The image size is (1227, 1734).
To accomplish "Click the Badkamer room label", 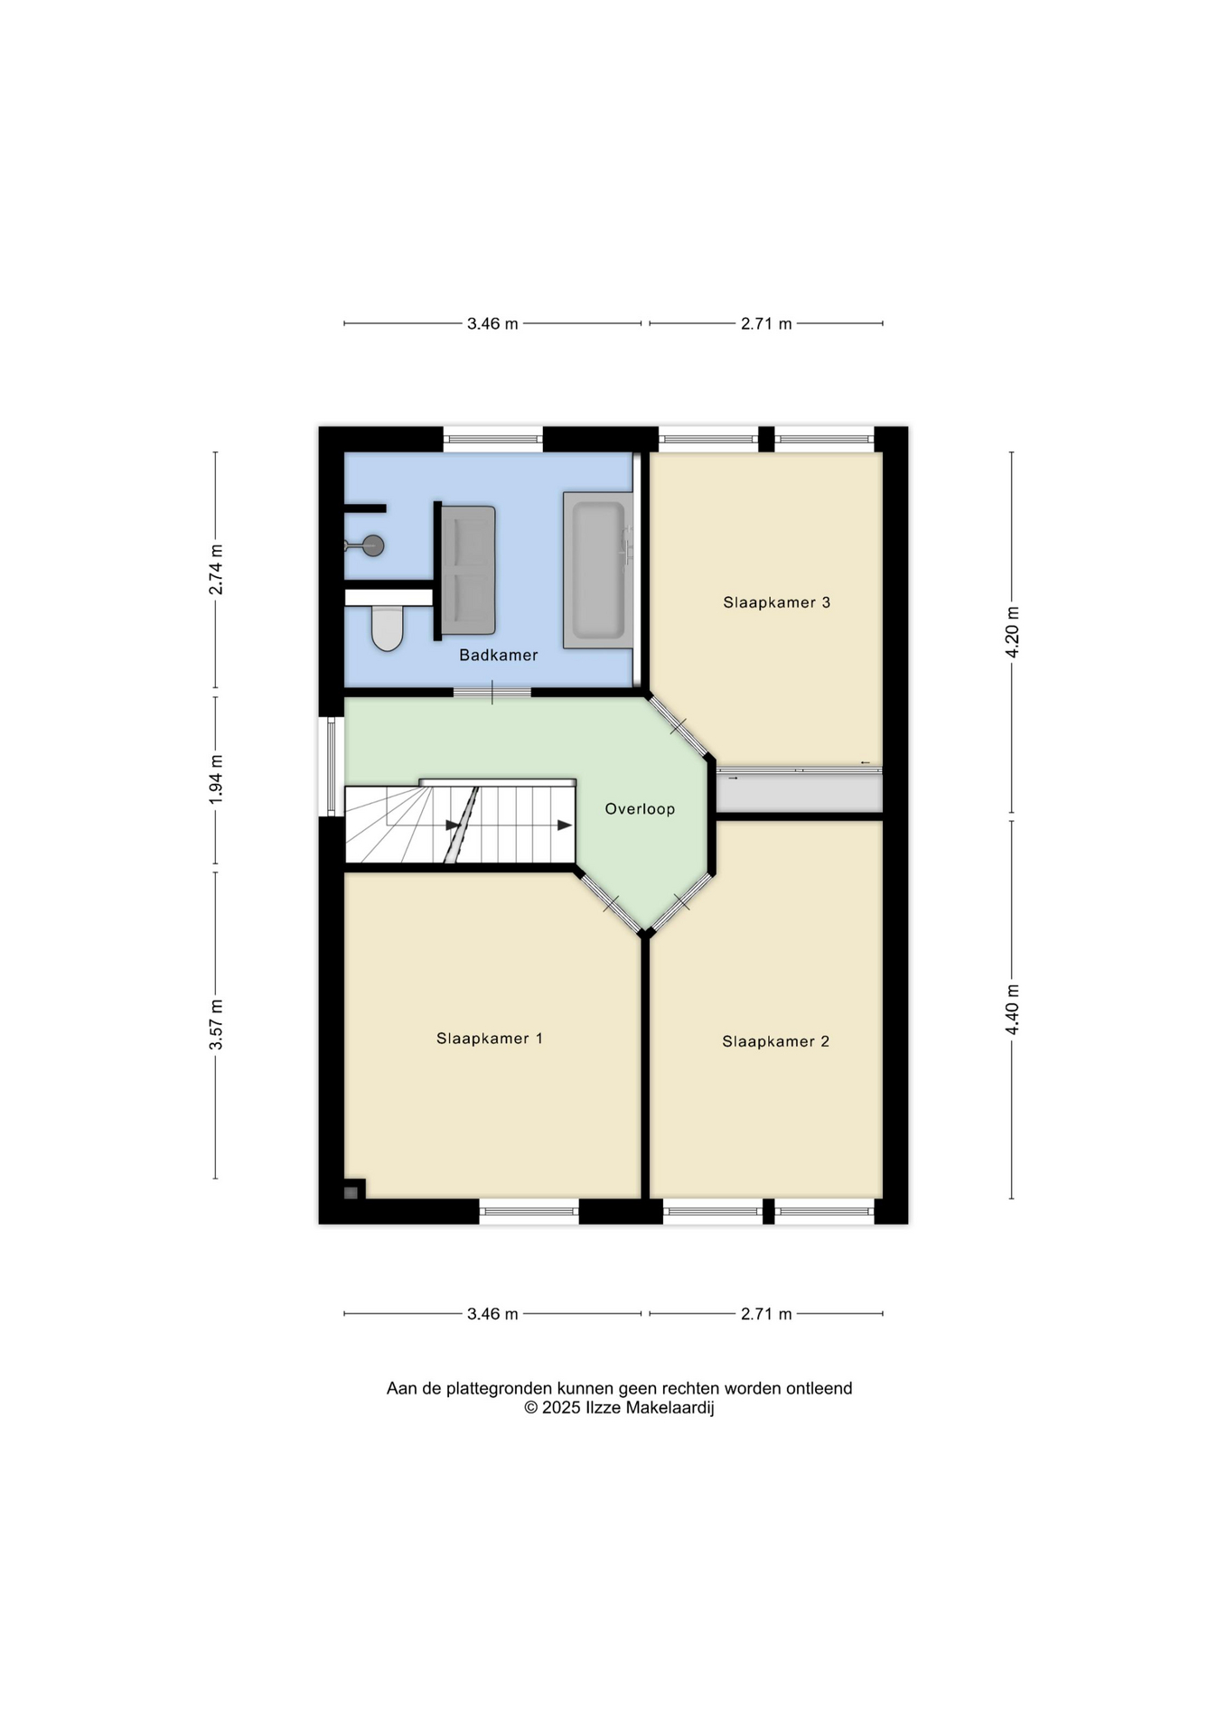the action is click(x=498, y=655).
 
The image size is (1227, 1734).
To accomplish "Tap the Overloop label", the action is click(x=640, y=809).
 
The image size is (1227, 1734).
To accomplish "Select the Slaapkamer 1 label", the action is click(x=490, y=1039).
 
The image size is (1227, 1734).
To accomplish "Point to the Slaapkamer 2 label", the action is click(x=775, y=1041).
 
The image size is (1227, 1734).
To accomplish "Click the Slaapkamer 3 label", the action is click(x=776, y=602).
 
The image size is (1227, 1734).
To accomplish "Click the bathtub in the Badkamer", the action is click(x=597, y=570).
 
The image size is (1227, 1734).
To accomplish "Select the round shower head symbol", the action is click(x=372, y=545).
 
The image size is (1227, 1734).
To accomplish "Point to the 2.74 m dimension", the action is click(x=216, y=570).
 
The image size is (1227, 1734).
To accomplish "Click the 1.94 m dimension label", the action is click(x=216, y=779).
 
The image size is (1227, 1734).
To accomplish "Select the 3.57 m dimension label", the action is click(x=216, y=1025).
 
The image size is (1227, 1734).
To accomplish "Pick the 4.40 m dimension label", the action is click(x=1012, y=1010).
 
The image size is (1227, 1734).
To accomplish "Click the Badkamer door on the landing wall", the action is click(x=492, y=693).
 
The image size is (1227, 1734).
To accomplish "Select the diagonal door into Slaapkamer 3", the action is click(x=679, y=725).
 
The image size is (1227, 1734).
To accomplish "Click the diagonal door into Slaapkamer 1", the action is click(x=611, y=901).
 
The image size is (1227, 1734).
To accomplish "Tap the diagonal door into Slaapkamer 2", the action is click(x=680, y=901).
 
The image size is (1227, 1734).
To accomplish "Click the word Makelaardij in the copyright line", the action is click(x=670, y=1408).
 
